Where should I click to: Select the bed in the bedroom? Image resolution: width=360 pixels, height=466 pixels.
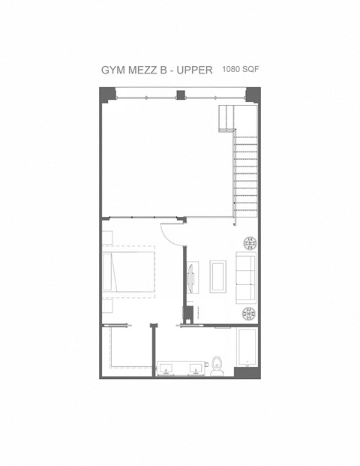pos(129,274)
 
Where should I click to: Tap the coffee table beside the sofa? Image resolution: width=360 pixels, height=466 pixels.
pos(218,275)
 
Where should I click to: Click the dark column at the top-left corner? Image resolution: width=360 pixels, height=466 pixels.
pos(109,95)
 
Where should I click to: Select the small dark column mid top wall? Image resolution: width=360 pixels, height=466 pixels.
pos(179,95)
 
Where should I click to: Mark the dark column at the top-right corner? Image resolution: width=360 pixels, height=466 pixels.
pos(253,95)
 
